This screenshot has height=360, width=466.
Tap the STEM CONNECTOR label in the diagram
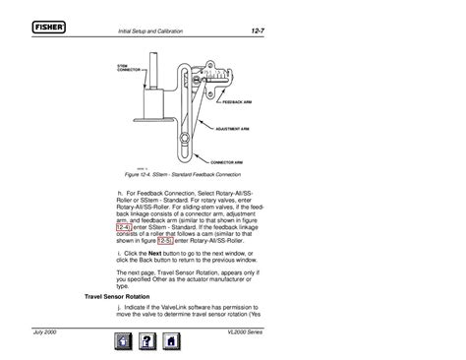[x=130, y=68]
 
